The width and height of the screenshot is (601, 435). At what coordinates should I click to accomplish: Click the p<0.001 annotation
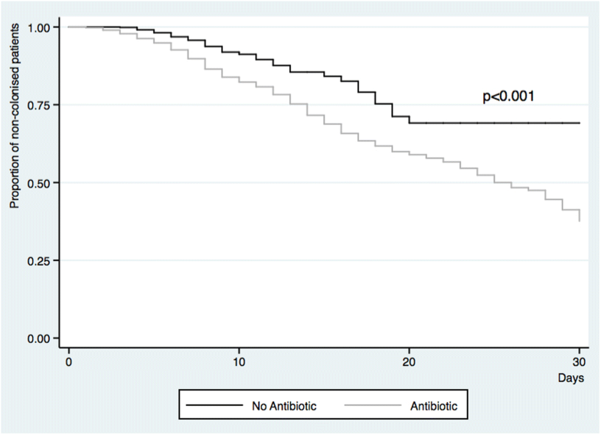click(x=508, y=97)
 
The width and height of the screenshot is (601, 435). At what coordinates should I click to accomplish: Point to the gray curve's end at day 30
click(x=579, y=220)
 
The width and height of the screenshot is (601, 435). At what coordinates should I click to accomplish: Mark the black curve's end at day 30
click(x=579, y=123)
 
